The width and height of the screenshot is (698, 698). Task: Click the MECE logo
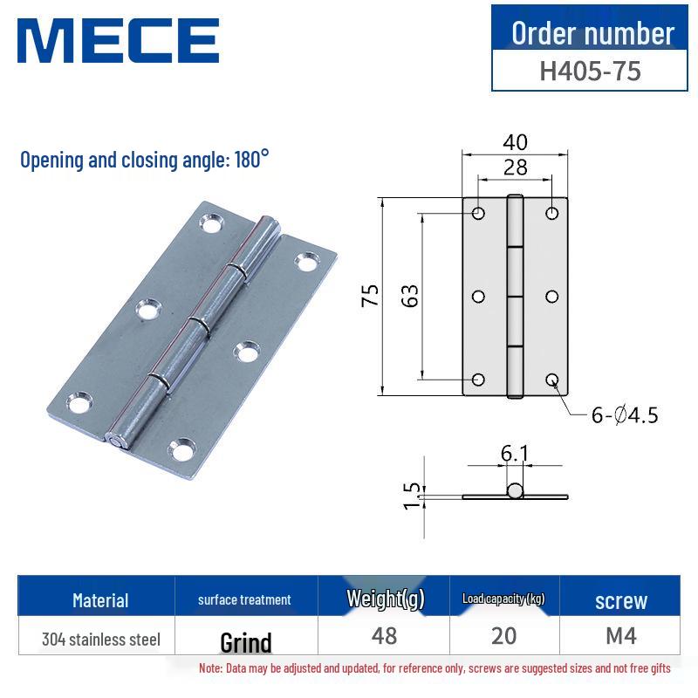pyautogui.click(x=119, y=41)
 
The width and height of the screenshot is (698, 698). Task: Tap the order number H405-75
pyautogui.click(x=590, y=70)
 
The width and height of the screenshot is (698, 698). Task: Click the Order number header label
pyautogui.click(x=592, y=33)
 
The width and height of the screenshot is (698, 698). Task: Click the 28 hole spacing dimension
pyautogui.click(x=515, y=167)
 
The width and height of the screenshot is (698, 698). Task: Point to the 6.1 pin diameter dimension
pyautogui.click(x=515, y=454)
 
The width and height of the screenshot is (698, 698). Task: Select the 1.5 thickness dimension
pyautogui.click(x=414, y=496)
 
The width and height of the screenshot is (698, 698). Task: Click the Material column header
pyautogui.click(x=100, y=600)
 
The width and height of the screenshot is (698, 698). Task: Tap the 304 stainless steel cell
pyautogui.click(x=101, y=640)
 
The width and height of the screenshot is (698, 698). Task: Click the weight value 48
pyautogui.click(x=384, y=636)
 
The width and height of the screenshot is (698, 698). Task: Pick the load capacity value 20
pyautogui.click(x=503, y=636)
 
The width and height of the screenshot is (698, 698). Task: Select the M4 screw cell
pyautogui.click(x=620, y=636)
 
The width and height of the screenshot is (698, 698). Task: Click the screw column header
pyautogui.click(x=620, y=600)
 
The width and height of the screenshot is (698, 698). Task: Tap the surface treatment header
pyautogui.click(x=244, y=600)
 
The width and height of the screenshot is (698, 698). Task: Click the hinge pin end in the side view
pyautogui.click(x=515, y=491)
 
